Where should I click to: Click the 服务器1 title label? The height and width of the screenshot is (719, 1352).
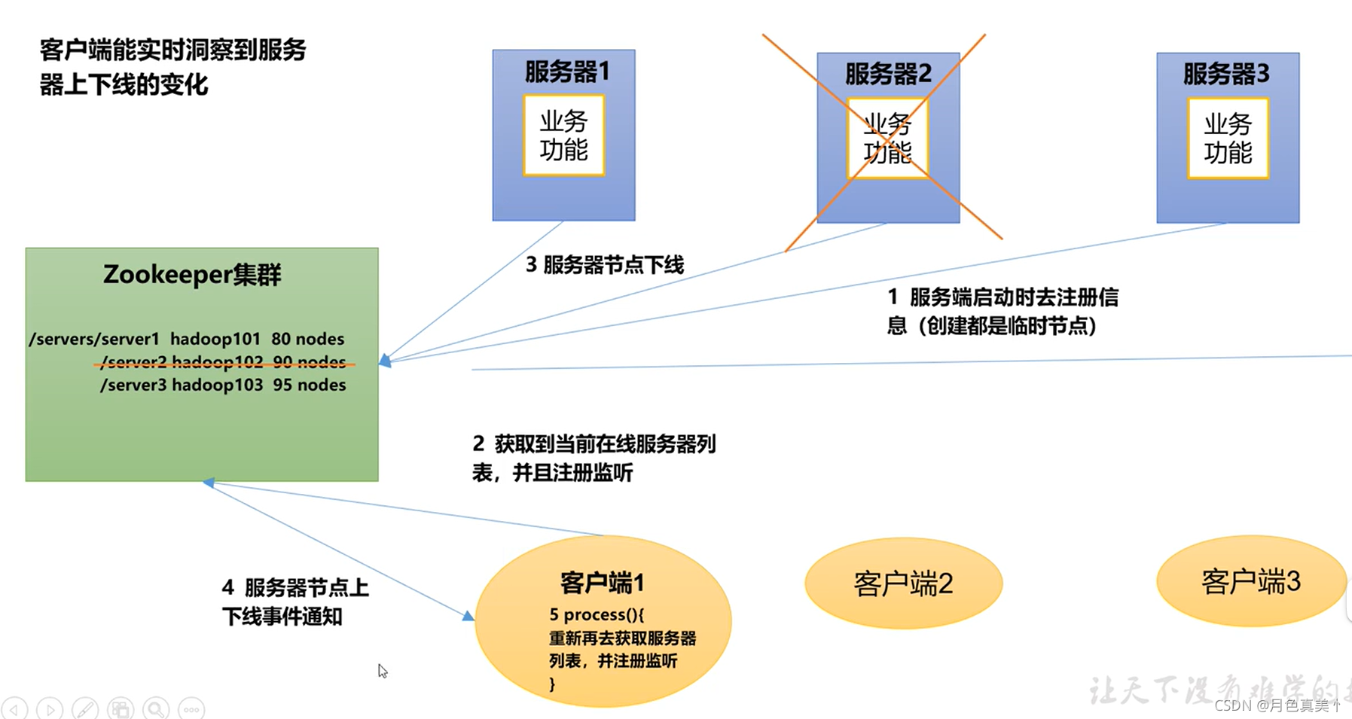566,72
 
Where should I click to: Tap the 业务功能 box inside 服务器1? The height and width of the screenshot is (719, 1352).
564,136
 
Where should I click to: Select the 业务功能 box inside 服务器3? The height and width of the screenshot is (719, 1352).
1228,139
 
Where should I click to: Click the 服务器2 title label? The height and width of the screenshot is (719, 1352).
888,74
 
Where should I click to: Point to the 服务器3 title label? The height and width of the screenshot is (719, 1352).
1226,74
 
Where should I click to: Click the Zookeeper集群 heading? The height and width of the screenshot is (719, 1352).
192,275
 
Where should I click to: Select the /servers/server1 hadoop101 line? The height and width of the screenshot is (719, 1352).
187,339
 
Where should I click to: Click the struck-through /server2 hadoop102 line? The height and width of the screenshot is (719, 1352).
223,362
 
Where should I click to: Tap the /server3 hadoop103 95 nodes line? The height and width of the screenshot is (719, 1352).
223,385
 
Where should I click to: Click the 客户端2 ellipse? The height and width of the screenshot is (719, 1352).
903,583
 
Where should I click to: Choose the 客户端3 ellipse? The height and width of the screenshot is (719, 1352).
1251,581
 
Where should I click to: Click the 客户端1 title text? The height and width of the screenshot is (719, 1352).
602,583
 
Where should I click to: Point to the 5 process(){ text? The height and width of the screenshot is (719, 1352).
597,614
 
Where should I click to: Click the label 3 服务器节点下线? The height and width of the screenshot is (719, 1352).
605,265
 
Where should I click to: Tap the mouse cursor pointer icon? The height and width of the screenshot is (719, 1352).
383,671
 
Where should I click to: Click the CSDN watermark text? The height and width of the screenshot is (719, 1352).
1277,705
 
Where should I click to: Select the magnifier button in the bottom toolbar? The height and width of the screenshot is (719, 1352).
157,709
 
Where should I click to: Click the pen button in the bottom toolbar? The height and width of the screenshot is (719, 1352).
84,709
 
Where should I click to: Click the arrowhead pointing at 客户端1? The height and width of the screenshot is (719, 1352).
468,616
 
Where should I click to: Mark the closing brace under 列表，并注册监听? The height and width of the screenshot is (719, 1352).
552,684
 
